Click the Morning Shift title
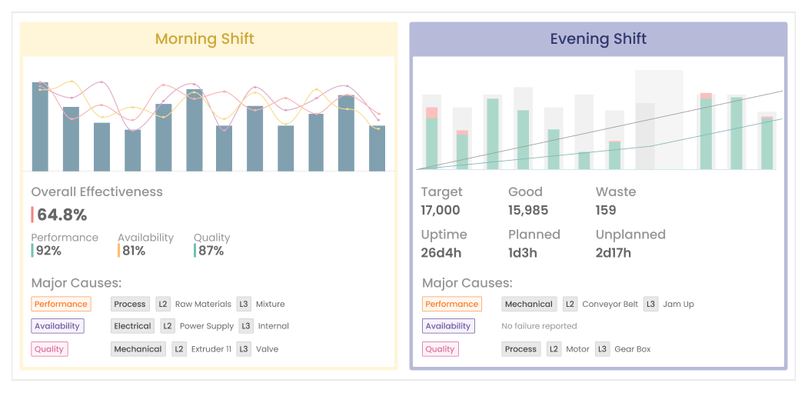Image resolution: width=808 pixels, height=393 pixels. click(x=204, y=38)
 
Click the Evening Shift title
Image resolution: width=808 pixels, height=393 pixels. click(x=598, y=38)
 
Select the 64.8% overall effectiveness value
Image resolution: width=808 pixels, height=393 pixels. click(x=62, y=215)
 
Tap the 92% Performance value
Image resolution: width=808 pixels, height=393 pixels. click(x=48, y=251)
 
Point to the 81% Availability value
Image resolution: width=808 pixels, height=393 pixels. click(x=134, y=251)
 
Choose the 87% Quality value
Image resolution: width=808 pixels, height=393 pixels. click(x=210, y=251)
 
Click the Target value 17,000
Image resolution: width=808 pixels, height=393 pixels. click(x=441, y=210)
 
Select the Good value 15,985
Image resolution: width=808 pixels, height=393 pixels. click(x=528, y=210)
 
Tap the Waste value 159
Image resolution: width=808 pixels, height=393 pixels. click(x=606, y=210)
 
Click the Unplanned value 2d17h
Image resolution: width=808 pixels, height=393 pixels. click(x=613, y=253)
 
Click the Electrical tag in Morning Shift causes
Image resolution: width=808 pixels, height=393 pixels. click(x=132, y=326)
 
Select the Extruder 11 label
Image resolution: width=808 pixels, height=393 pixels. click(x=211, y=349)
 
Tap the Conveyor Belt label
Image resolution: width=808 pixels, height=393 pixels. click(x=610, y=304)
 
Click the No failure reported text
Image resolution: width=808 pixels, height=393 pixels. click(x=539, y=326)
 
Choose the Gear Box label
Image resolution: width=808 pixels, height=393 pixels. click(x=632, y=349)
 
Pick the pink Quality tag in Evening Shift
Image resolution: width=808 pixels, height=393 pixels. click(x=440, y=349)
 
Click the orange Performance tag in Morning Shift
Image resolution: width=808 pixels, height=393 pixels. click(x=61, y=304)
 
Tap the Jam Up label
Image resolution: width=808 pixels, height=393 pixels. click(x=678, y=304)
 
